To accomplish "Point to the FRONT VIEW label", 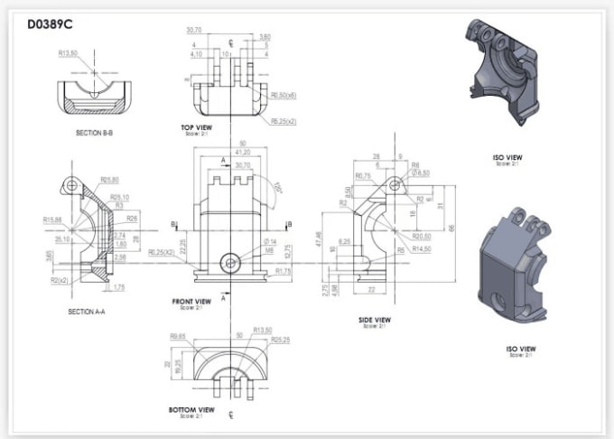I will point(191,301).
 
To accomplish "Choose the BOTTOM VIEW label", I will point(191,409).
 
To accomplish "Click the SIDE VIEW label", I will point(374,319).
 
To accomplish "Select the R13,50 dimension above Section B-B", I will point(70,53).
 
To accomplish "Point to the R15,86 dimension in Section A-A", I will point(51,219).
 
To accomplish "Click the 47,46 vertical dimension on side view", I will point(321,243).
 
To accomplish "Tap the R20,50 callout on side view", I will point(422,236).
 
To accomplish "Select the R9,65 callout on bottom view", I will point(177,337).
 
